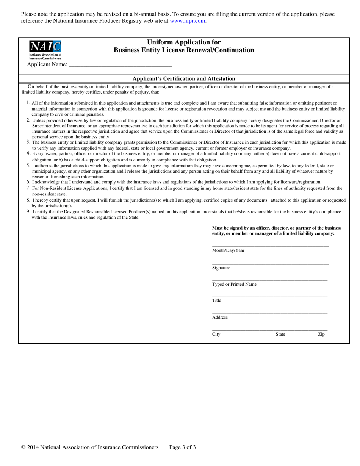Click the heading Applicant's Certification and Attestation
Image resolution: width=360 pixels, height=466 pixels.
184,79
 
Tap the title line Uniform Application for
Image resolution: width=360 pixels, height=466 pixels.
184,42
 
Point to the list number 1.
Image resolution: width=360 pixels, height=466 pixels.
28,103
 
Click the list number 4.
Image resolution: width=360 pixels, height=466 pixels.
28,153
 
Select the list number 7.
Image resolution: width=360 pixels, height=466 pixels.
28,188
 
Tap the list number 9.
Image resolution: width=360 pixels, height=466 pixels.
28,211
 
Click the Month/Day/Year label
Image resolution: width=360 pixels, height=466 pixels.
228,250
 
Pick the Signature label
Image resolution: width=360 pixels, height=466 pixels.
221,268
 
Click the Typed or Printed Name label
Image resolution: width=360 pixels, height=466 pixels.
234,284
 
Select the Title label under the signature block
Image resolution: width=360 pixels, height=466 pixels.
216,300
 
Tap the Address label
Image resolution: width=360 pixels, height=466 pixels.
220,317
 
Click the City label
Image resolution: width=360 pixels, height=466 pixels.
216,334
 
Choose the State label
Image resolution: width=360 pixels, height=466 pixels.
280,334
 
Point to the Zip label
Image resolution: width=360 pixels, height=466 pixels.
321,334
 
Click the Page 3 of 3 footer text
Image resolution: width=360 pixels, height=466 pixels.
182,447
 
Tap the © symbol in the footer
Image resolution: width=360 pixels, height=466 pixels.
23,447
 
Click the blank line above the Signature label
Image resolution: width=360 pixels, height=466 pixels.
270,264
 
